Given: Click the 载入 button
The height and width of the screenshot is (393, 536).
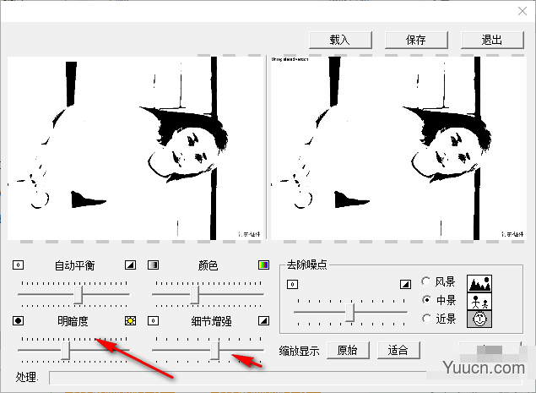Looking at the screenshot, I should click(x=340, y=40).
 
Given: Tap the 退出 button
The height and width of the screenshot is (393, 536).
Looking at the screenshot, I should click(x=491, y=40).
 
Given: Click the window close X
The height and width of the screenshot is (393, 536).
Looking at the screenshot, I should click(x=520, y=11).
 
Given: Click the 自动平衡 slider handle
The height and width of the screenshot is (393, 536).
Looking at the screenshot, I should click(x=79, y=294).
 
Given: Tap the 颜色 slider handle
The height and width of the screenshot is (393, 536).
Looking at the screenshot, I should click(x=194, y=294).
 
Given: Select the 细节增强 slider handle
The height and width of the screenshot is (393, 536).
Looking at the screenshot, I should click(x=216, y=349).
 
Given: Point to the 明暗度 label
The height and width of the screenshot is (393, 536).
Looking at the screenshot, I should click(x=73, y=321).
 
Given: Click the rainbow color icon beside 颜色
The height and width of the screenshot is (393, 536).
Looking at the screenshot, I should click(x=263, y=265).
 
